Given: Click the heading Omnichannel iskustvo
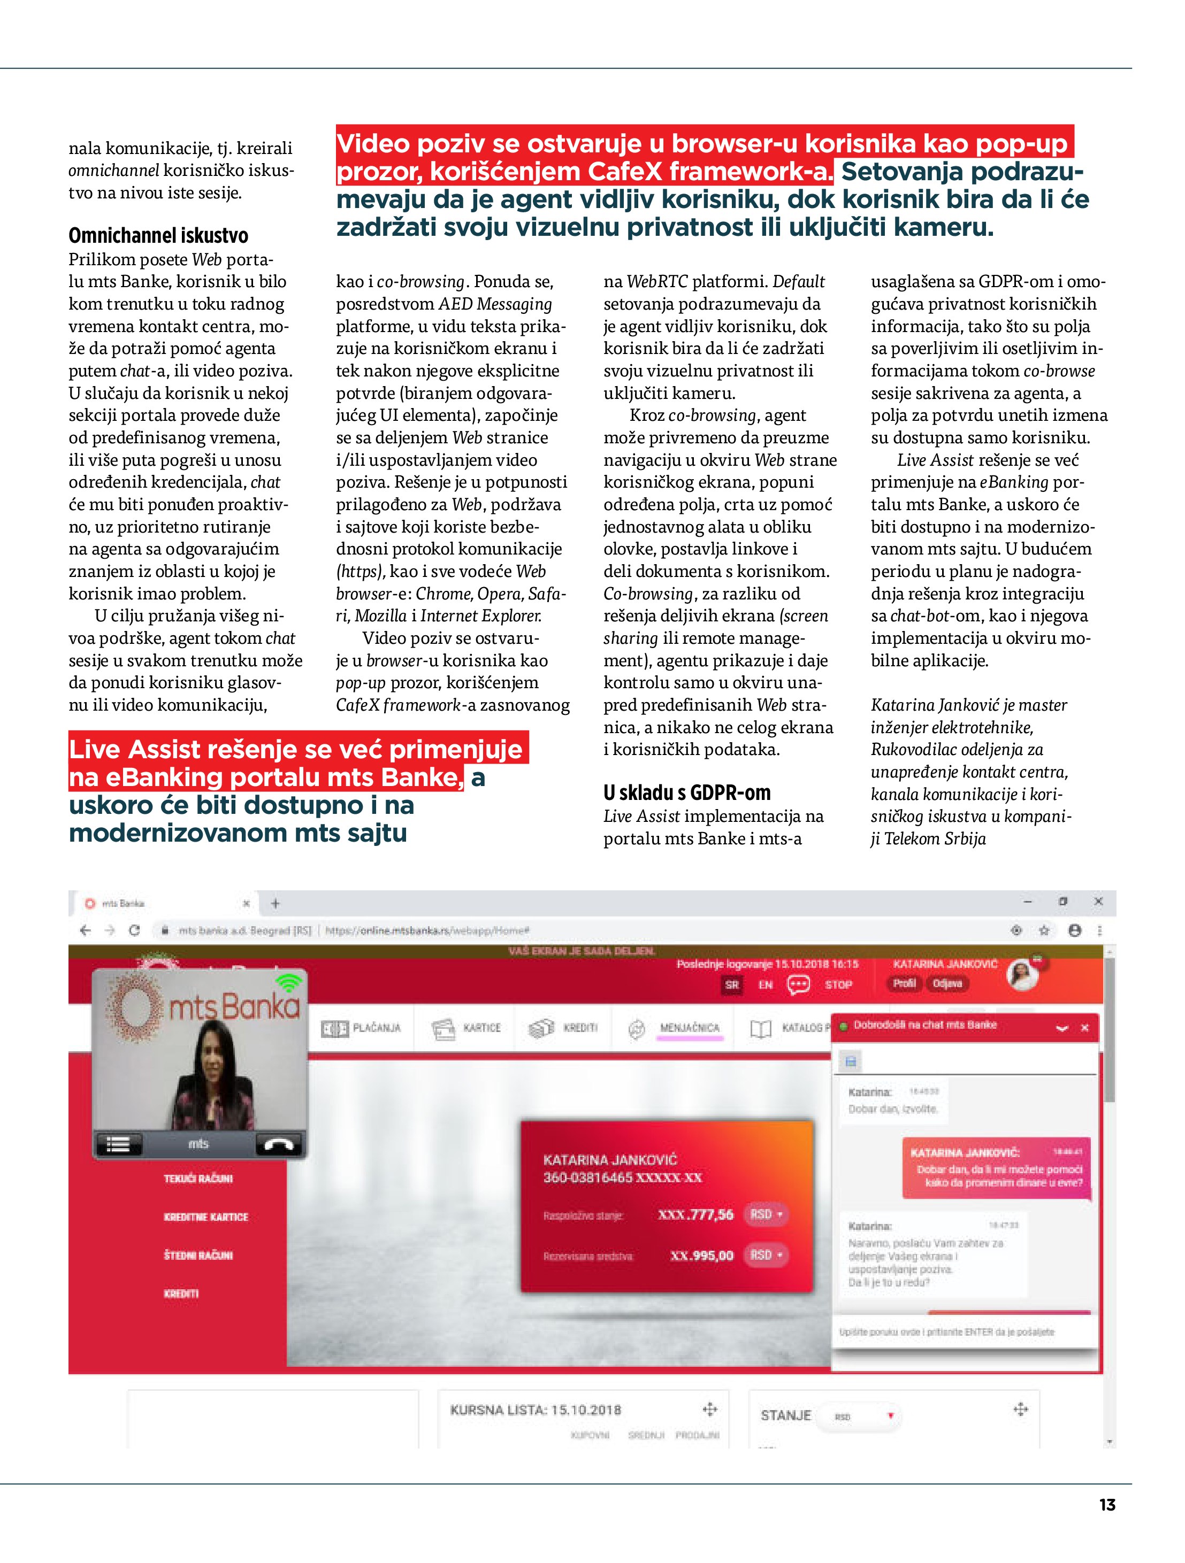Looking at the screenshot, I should coord(158,235).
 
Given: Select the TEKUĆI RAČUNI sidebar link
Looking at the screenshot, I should coord(198,1179).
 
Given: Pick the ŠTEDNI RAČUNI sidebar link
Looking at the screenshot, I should coord(198,1255).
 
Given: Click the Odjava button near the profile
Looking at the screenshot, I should coord(947,983).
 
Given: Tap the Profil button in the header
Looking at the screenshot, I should coord(904,983).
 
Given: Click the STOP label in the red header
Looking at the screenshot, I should coord(838,984).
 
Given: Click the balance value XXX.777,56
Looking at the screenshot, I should coord(695,1215).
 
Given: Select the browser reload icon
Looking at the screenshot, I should coord(134,930).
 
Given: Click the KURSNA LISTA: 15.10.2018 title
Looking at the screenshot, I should coord(535,1410).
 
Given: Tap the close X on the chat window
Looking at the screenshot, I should coord(1084,1028).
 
